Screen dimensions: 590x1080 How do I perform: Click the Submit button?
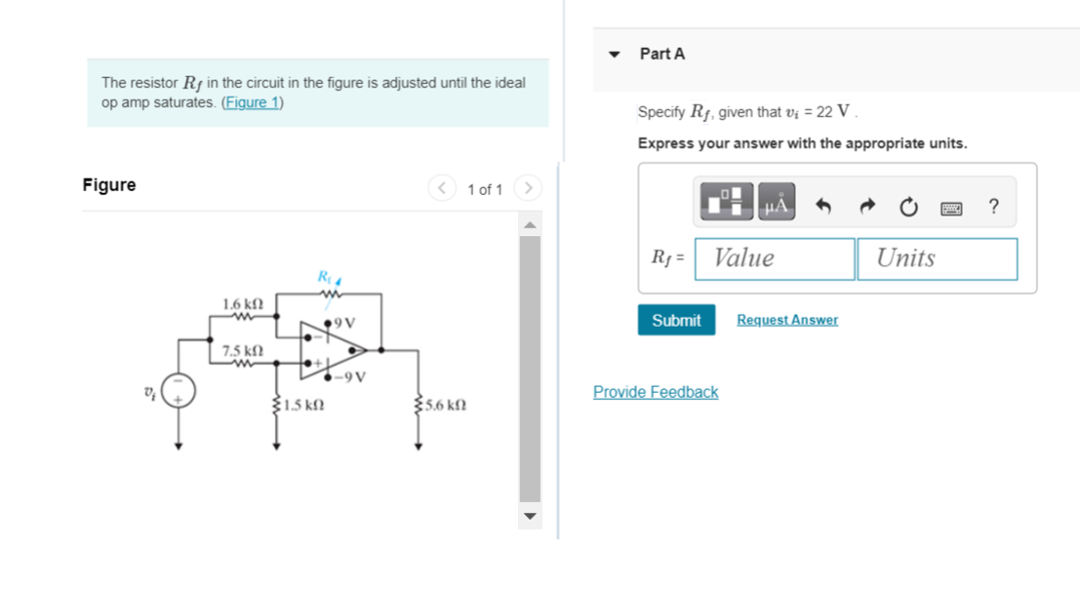[x=676, y=320]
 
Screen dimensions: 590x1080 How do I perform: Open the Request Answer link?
[x=786, y=320]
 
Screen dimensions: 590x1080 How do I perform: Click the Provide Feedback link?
[x=655, y=392]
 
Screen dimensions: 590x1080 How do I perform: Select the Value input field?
[x=775, y=258]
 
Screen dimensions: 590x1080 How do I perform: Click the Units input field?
[x=937, y=258]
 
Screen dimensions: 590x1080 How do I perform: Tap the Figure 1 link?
[x=252, y=102]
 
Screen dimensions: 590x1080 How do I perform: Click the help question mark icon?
[x=993, y=206]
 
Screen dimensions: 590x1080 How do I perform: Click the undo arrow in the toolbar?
[x=823, y=206]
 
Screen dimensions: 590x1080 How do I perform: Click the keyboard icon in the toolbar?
[x=952, y=207]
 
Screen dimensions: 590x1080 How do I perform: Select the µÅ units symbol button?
[x=777, y=203]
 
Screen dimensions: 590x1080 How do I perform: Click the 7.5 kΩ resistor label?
[x=243, y=350]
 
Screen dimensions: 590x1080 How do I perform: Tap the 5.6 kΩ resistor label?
[x=447, y=404]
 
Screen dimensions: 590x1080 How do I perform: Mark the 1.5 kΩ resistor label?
[x=304, y=404]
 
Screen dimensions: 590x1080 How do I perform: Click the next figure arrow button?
[x=527, y=187]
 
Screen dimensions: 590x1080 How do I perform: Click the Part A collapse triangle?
[x=614, y=55]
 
